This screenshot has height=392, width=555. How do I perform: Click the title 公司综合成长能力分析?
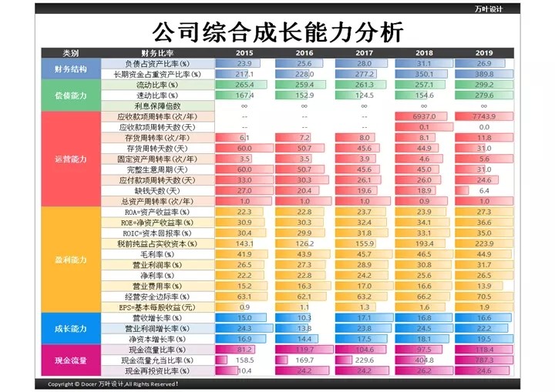pyautogui.click(x=277, y=32)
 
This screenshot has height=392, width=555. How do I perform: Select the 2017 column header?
pyautogui.click(x=364, y=53)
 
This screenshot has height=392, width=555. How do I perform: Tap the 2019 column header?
pyautogui.click(x=484, y=53)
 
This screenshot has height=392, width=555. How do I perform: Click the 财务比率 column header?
pyautogui.click(x=157, y=53)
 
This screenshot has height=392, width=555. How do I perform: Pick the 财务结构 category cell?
pyautogui.click(x=71, y=69)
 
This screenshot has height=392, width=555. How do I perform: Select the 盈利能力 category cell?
pyautogui.click(x=71, y=260)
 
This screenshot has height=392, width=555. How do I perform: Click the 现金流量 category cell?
pyautogui.click(x=71, y=360)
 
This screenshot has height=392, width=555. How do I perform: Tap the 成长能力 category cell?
pyautogui.click(x=71, y=328)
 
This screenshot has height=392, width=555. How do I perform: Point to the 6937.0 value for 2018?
pyautogui.click(x=424, y=116)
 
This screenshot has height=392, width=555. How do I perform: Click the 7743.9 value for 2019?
pyautogui.click(x=484, y=116)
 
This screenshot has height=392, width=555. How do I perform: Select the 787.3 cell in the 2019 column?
pyautogui.click(x=484, y=360)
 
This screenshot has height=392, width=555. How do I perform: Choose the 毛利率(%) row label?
pyautogui.click(x=157, y=254)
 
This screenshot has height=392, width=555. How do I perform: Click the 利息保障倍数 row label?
pyautogui.click(x=157, y=106)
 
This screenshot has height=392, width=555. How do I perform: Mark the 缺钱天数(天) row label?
pyautogui.click(x=157, y=190)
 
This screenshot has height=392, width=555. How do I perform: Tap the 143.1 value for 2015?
pyautogui.click(x=244, y=243)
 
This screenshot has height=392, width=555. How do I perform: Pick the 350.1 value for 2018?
pyautogui.click(x=424, y=74)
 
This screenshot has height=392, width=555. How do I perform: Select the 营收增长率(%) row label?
pyautogui.click(x=157, y=317)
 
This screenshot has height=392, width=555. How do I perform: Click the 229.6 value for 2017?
pyautogui.click(x=364, y=360)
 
